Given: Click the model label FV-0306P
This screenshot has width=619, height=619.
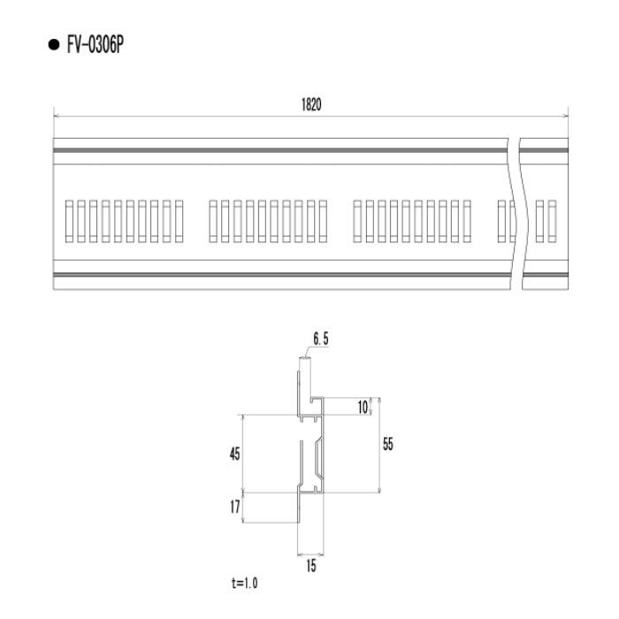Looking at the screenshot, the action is click(x=96, y=44).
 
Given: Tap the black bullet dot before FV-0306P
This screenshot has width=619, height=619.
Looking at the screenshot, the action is click(x=53, y=44).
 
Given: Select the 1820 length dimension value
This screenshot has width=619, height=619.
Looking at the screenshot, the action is click(x=311, y=104).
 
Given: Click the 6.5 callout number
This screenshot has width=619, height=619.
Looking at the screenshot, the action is click(x=320, y=339).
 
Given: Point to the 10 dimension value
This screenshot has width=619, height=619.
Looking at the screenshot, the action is click(x=363, y=407).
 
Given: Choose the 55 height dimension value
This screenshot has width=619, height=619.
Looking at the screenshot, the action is click(x=388, y=444).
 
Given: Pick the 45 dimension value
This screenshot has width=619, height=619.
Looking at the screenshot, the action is click(x=235, y=454).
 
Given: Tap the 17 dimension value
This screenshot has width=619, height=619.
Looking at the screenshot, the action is click(x=235, y=507).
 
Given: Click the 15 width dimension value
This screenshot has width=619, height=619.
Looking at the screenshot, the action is click(x=311, y=566).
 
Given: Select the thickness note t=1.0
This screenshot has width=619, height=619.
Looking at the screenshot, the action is click(x=244, y=583).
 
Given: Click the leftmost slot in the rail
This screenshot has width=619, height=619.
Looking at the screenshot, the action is click(x=69, y=221).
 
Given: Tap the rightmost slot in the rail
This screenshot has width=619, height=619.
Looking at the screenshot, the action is click(x=552, y=221).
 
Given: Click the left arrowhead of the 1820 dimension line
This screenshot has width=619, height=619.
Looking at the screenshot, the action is click(x=56, y=116).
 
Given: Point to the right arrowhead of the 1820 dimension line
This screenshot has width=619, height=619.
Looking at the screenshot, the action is click(x=565, y=116).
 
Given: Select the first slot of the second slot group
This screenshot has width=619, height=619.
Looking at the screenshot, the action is click(x=213, y=221).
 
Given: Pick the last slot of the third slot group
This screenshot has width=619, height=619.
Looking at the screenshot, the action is click(x=467, y=221).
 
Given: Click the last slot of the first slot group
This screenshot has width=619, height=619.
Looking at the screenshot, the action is click(x=179, y=221).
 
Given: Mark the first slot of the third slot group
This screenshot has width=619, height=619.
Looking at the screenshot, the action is click(x=357, y=221).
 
